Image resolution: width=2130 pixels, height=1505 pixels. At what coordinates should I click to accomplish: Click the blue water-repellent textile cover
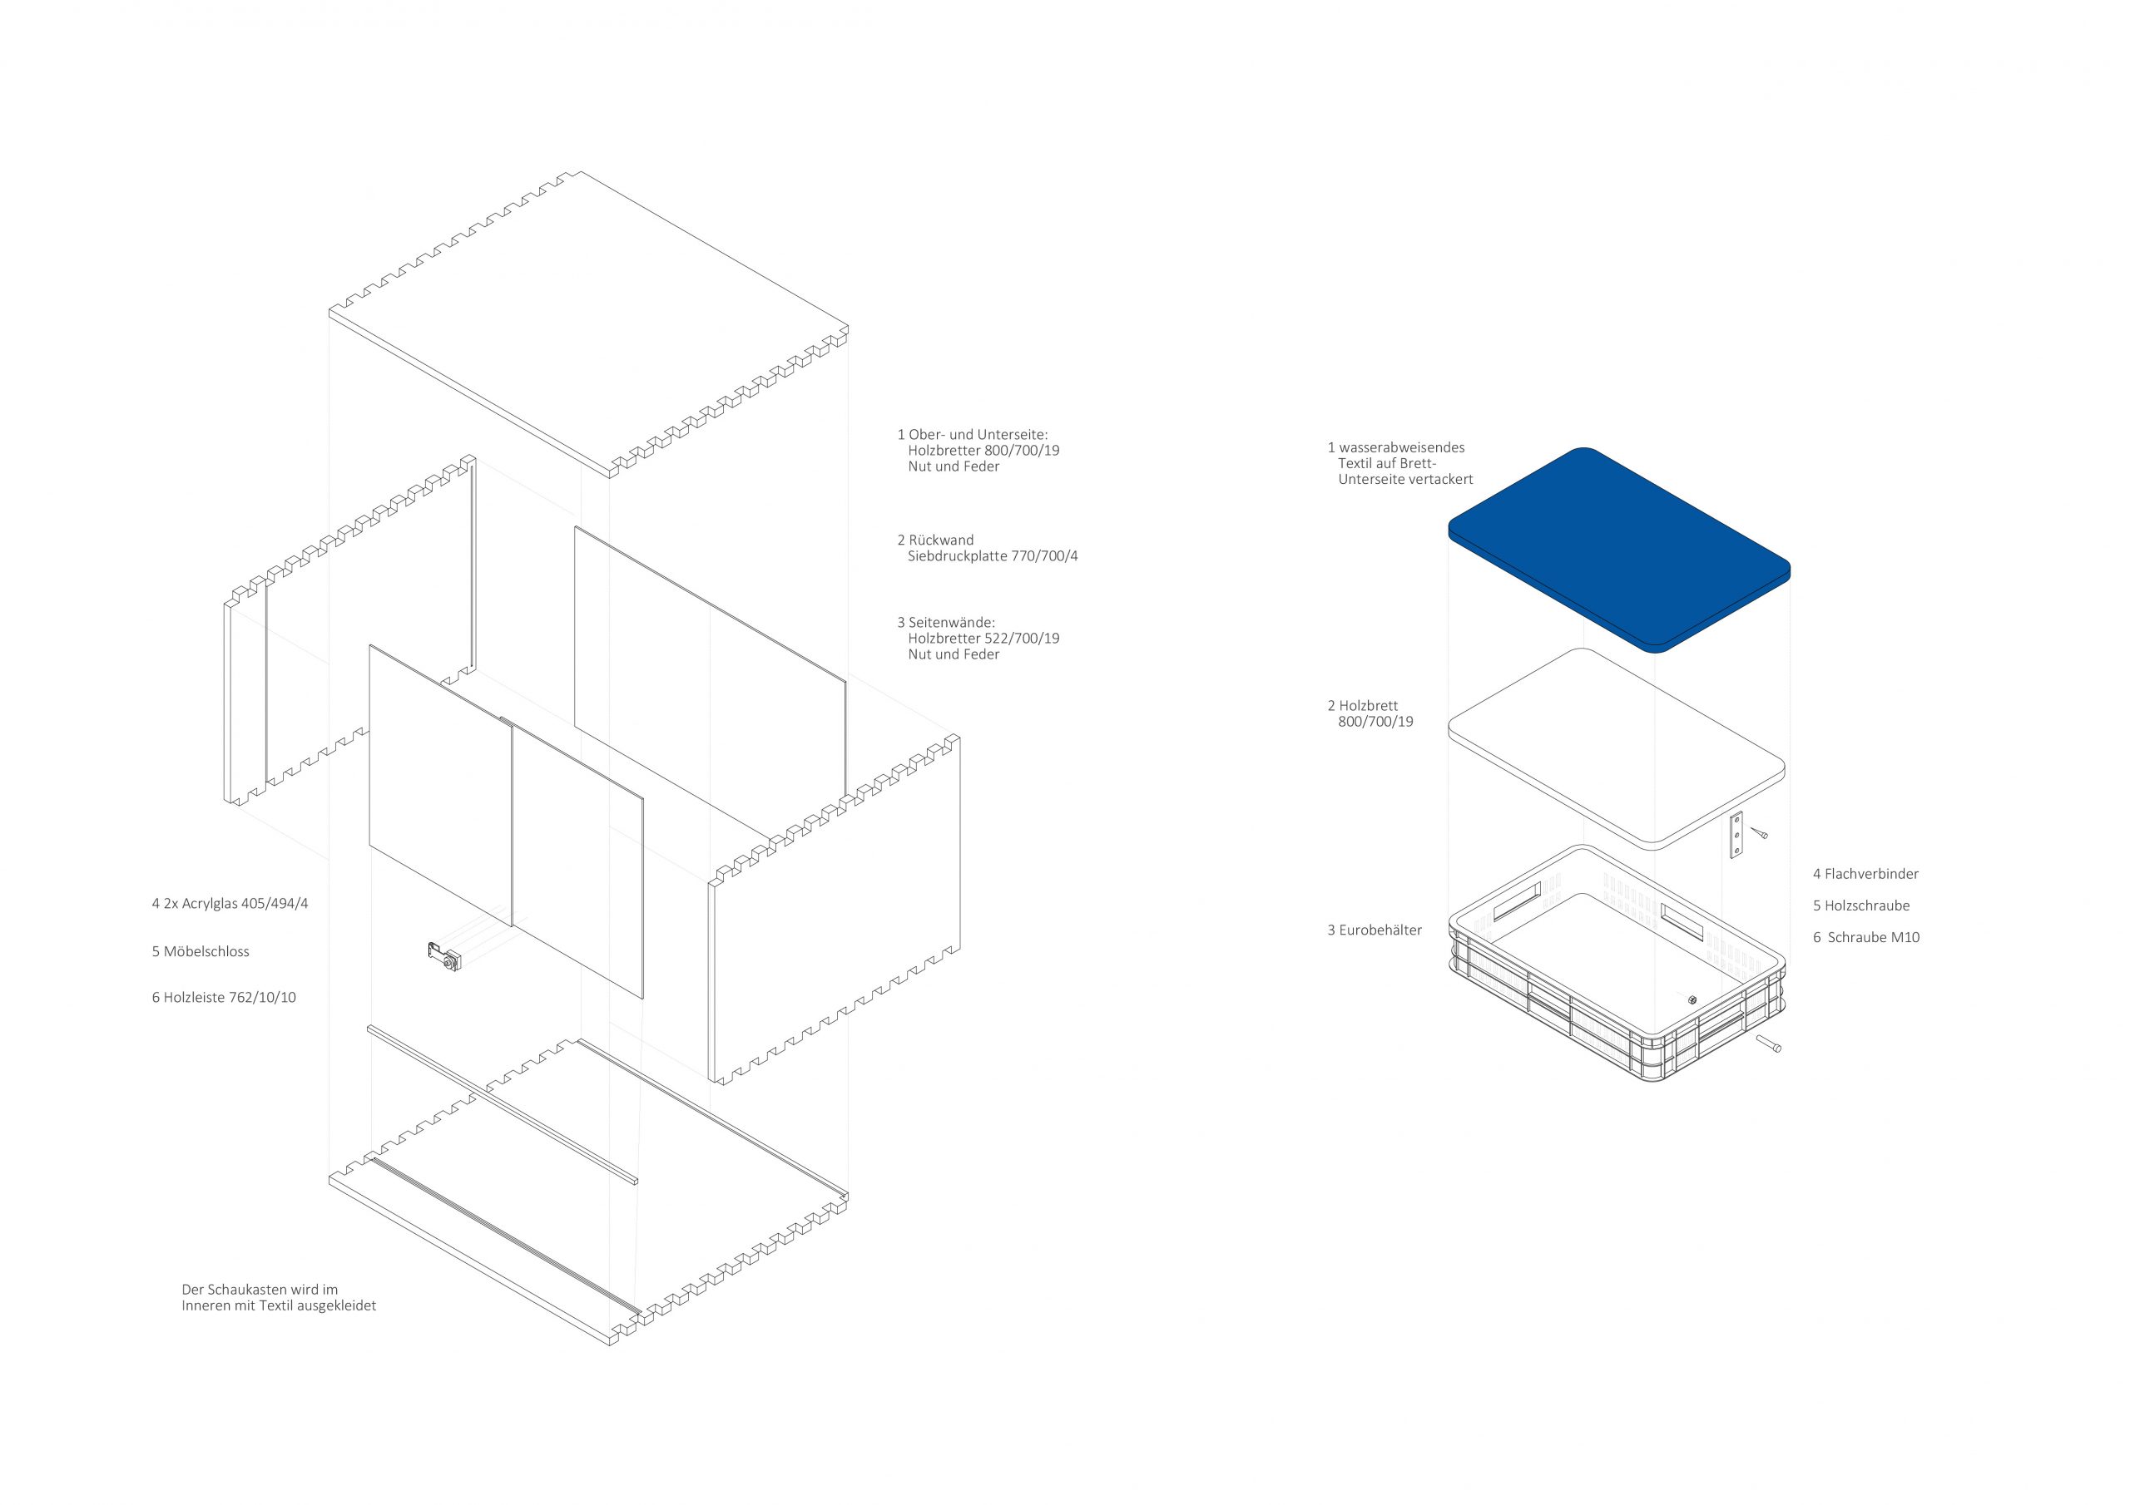1619,550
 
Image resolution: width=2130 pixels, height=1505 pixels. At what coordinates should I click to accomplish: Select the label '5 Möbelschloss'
201,951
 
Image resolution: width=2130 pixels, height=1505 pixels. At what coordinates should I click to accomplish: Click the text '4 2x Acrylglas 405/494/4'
230,903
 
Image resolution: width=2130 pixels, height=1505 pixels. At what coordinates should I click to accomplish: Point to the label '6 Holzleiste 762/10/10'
225,998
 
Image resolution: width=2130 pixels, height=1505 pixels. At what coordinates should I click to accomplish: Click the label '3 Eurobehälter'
1374,930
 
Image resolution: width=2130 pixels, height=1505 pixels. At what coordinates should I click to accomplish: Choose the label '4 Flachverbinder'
1865,874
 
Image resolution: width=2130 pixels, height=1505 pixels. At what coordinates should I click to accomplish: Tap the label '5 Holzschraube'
1861,905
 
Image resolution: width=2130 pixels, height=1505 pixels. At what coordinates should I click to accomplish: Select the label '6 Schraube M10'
1866,937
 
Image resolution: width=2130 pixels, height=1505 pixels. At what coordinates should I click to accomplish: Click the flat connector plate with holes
1736,835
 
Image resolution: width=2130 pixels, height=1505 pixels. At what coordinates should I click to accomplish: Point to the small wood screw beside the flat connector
1759,832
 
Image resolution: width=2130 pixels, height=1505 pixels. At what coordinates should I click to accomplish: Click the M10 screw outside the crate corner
1768,1044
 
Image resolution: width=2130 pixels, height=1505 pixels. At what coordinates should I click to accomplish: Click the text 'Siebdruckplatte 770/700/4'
993,556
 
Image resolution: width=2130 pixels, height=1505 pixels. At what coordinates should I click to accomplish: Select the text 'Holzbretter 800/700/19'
983,451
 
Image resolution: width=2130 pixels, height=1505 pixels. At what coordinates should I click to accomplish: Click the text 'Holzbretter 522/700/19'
983,638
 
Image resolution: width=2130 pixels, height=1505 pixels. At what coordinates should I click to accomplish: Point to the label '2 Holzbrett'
1362,706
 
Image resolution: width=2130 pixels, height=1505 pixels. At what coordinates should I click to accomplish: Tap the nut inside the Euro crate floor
1692,999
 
